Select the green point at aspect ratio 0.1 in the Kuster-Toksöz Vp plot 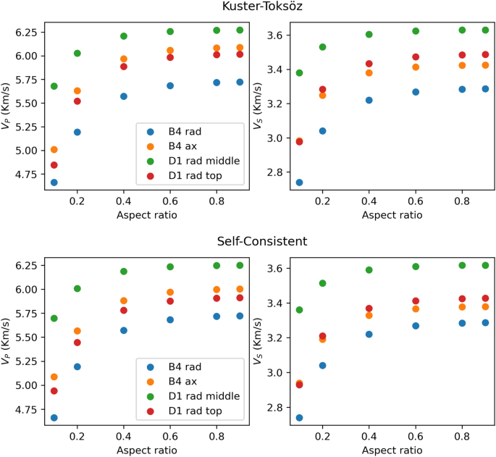54,86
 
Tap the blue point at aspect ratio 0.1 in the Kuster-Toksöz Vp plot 54,183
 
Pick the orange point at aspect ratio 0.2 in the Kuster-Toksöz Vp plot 77,91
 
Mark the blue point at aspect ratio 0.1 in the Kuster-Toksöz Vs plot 299,183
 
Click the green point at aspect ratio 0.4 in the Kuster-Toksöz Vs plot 369,35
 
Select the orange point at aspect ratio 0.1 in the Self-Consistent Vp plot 54,377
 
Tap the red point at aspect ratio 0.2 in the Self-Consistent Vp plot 77,343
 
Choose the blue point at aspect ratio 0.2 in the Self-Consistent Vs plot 322,366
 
